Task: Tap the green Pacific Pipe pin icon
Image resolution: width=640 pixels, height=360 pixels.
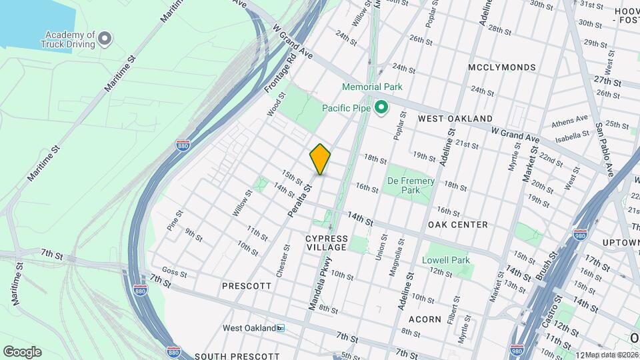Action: pos(382,107)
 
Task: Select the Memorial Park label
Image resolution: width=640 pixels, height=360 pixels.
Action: pos(372,87)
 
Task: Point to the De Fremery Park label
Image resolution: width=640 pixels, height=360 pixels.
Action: pos(411,185)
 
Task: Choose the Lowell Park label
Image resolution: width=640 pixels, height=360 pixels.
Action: pos(446,260)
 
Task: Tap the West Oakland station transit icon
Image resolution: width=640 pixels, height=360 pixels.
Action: pos(281,328)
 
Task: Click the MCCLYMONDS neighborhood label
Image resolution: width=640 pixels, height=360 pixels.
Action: pos(501,67)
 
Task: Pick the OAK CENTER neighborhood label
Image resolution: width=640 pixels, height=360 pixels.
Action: pos(458,225)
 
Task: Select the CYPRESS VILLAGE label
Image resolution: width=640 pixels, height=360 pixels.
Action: pos(327,243)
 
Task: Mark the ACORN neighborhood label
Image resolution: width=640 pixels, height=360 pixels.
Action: pos(426,319)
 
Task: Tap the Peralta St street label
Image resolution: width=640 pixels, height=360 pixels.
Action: pos(299,200)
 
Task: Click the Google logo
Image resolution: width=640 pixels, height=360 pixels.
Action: pos(22,352)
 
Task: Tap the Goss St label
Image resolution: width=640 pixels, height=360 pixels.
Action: pos(175,272)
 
